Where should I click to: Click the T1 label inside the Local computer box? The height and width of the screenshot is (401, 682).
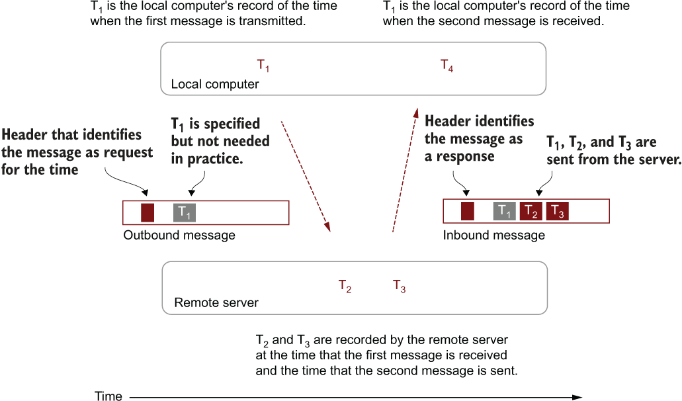point(263,66)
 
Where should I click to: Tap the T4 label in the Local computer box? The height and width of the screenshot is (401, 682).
point(447,66)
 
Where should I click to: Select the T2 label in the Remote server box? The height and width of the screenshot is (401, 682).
point(345,286)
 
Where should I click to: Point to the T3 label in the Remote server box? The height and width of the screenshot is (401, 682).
point(400,286)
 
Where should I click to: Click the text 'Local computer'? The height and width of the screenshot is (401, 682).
point(215,84)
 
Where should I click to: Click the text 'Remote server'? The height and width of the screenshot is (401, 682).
point(216,302)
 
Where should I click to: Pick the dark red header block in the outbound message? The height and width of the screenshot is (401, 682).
point(148,212)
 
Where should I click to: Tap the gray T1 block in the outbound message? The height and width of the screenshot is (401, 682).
point(185,212)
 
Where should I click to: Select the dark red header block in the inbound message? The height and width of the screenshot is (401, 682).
point(468,211)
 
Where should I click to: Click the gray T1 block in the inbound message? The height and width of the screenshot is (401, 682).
point(505,211)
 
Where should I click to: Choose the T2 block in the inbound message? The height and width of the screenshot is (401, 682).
point(531,211)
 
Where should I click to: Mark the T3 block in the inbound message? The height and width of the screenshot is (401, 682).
point(558,211)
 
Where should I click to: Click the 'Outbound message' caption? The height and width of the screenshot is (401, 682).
point(179,236)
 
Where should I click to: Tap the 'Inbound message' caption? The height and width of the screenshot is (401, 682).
point(493,236)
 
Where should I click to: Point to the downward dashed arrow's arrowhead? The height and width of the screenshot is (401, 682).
point(327,226)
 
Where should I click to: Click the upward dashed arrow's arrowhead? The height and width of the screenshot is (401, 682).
point(416,113)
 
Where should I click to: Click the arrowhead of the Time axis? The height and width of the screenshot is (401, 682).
point(577,397)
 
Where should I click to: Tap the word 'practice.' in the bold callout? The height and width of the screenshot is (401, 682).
point(215,159)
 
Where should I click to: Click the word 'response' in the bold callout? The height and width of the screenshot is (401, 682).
point(465,157)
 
